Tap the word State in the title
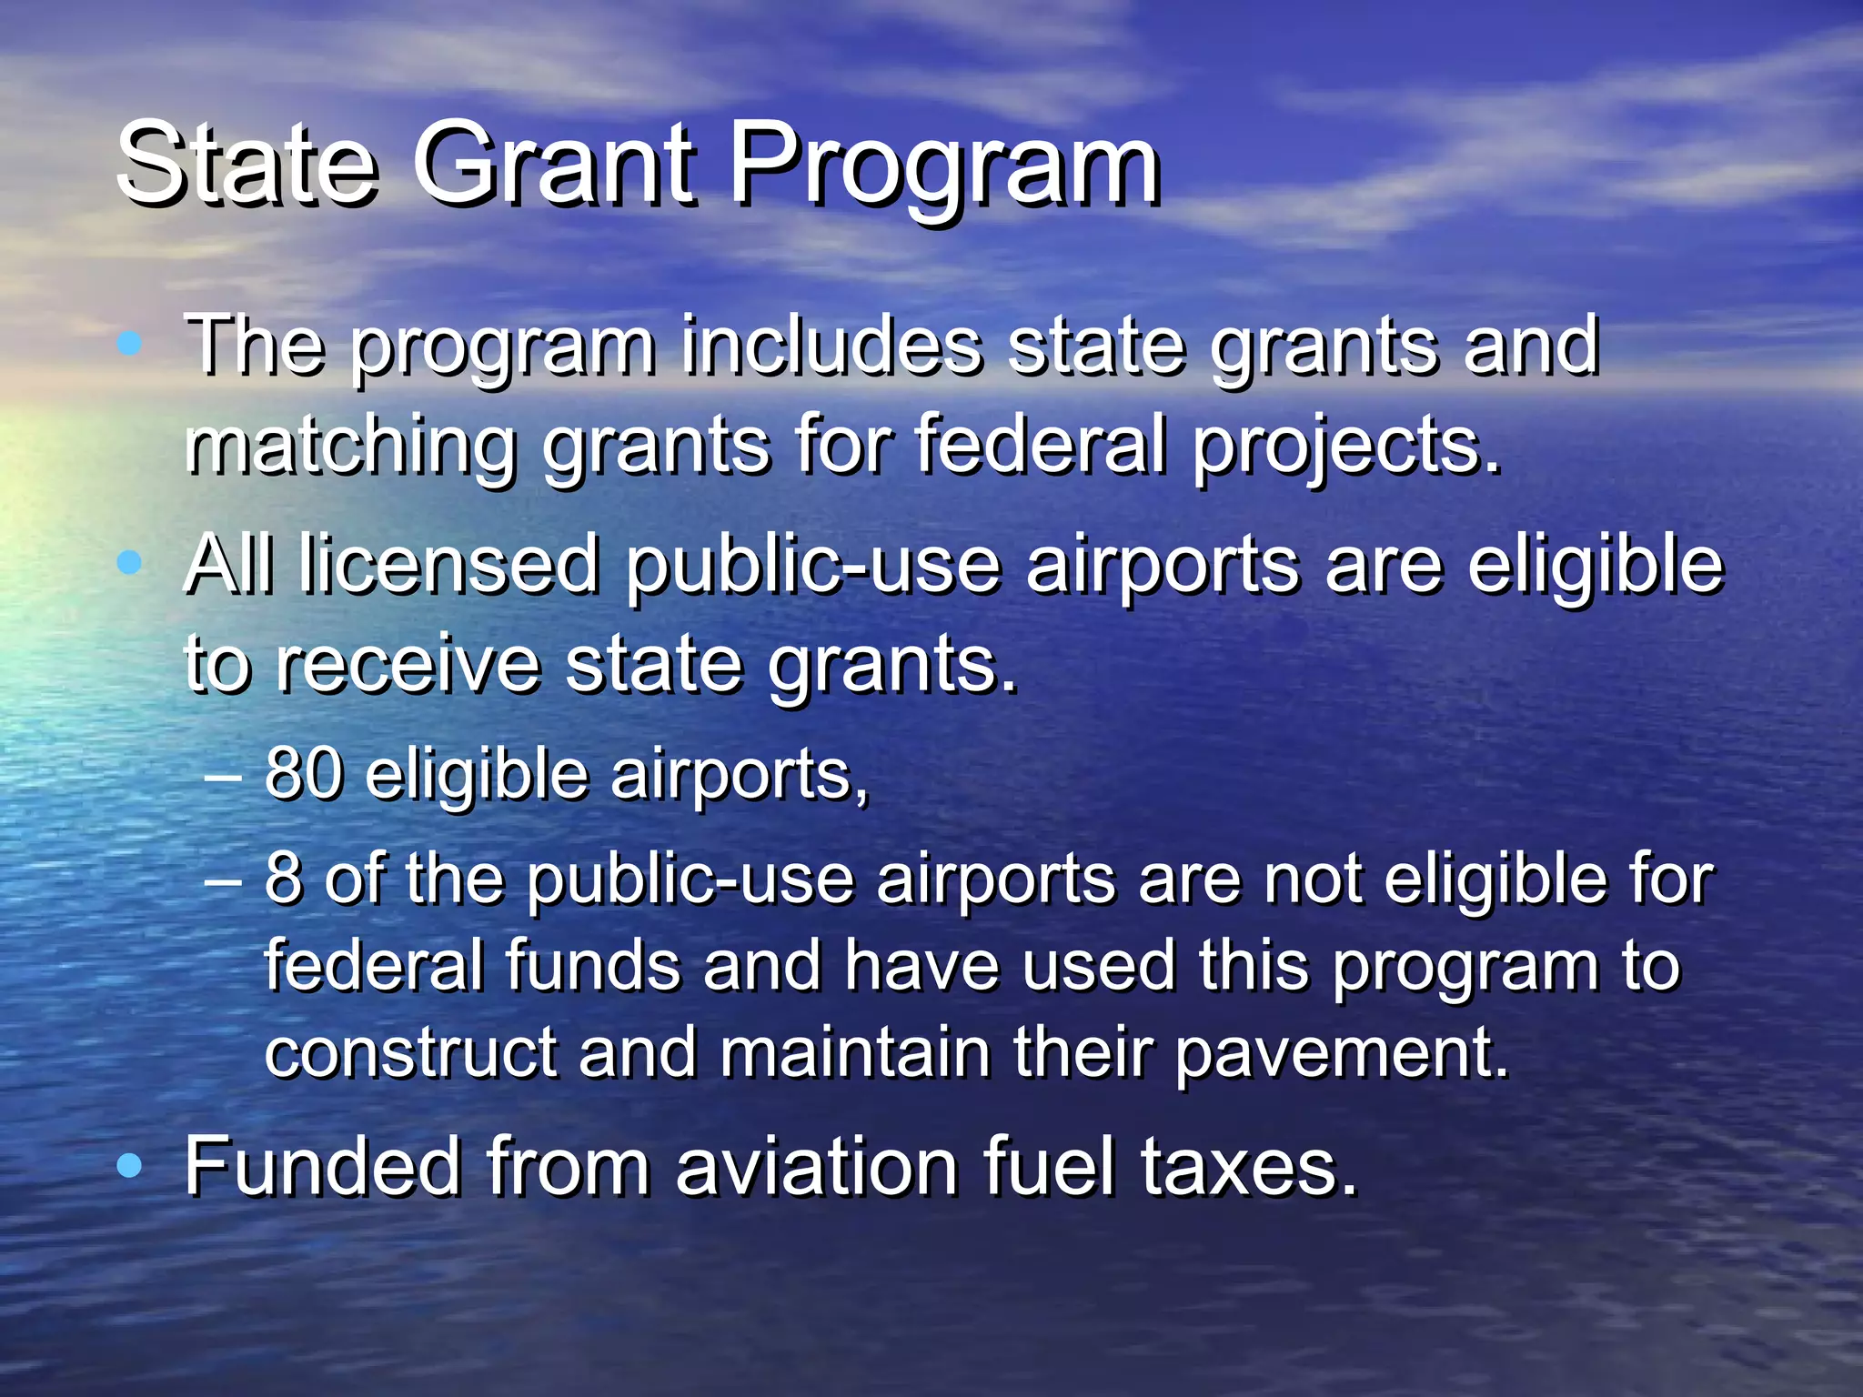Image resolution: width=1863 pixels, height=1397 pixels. point(247,166)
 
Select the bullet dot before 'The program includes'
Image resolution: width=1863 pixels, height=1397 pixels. point(130,343)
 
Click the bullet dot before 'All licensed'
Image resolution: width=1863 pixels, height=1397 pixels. point(130,563)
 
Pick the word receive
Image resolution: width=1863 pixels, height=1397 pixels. point(408,665)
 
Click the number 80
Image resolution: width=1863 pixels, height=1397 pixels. point(304,774)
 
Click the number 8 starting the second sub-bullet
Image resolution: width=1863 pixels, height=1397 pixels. point(283,879)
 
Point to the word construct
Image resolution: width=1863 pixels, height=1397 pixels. point(410,1053)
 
